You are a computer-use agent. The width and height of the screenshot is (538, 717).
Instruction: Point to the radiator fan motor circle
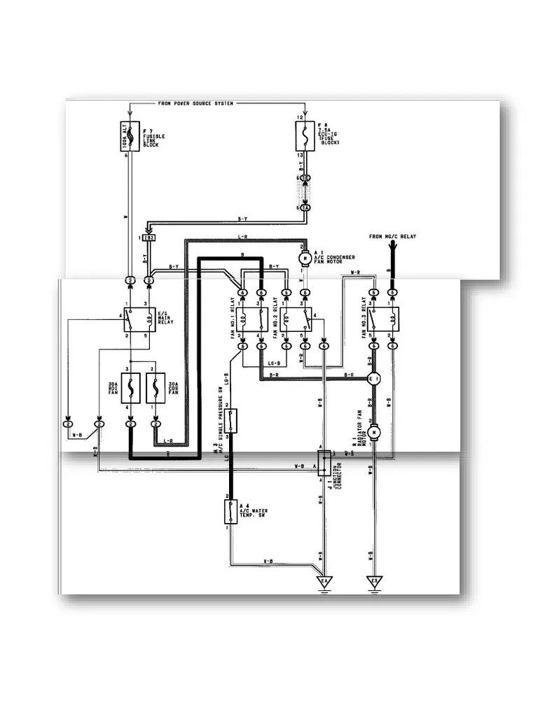[374, 433]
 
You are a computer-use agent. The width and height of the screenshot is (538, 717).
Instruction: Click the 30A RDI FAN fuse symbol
[130, 387]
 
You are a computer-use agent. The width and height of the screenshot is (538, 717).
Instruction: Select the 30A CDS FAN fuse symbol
[156, 387]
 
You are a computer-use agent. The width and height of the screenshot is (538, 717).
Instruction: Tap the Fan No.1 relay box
[250, 319]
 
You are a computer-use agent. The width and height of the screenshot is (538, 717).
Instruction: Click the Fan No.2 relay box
[296, 319]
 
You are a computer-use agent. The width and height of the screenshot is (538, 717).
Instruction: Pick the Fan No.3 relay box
[383, 319]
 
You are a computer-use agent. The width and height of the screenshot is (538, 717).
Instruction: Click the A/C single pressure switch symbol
[230, 422]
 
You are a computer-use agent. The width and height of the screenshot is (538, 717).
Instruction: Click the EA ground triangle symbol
[324, 582]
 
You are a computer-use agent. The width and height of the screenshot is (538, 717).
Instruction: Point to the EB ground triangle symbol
[374, 582]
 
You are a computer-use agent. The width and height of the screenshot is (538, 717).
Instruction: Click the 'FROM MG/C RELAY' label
[392, 237]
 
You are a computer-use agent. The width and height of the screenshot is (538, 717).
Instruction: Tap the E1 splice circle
[374, 378]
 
